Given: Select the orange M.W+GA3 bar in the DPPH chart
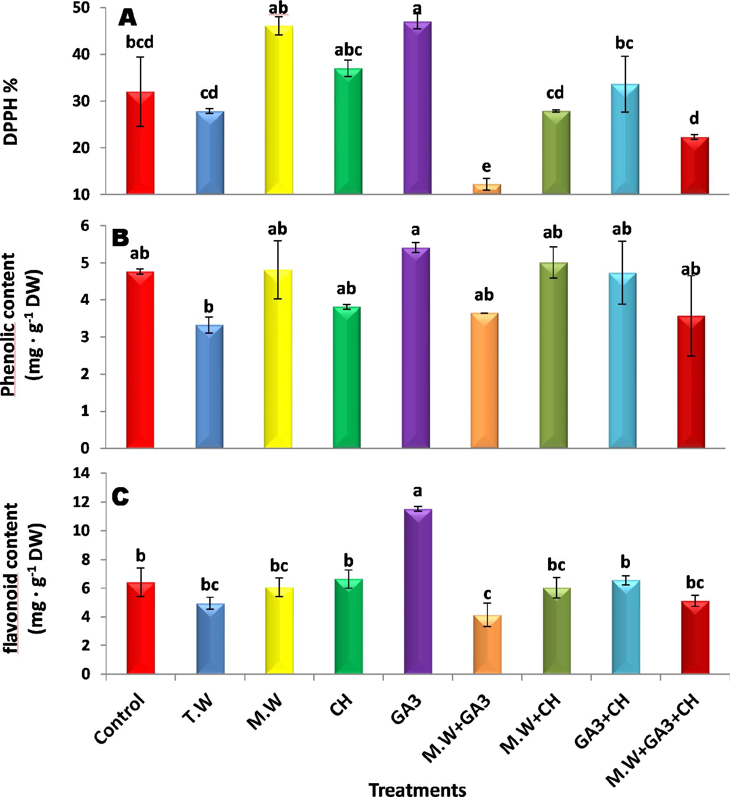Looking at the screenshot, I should tap(487, 189).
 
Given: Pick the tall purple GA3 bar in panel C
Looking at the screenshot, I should tap(418, 591).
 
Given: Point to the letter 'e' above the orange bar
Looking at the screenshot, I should tap(487, 167).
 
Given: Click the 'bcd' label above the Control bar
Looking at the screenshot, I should tap(140, 42).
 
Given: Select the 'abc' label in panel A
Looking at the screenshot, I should tap(348, 50).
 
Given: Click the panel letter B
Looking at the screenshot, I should tap(120, 238).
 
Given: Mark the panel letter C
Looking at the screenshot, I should tap(120, 497).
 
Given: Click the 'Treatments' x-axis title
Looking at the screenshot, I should tap(418, 789).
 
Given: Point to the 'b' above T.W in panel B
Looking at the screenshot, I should tap(209, 307).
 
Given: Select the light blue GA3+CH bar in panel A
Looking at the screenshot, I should tap(625, 139).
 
